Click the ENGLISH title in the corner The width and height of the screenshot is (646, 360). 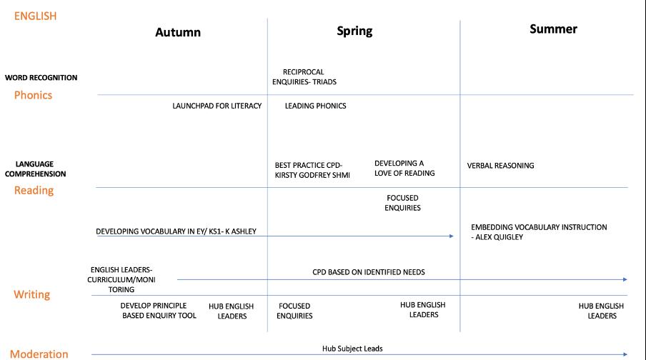point(35,16)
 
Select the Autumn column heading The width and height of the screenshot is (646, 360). point(178,32)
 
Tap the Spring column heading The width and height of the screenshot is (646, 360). point(354,31)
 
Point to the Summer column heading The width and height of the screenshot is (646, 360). point(553,29)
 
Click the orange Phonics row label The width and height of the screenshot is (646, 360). point(33,95)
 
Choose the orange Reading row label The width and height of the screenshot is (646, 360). point(33,190)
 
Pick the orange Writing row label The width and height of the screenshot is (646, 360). point(32,294)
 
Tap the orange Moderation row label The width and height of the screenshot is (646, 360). point(39,354)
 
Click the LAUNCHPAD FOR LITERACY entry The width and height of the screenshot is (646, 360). point(217,106)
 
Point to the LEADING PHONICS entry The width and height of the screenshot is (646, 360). point(315,106)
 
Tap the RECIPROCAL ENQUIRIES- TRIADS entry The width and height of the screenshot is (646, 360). point(304,76)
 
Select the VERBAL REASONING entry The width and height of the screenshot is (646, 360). point(500,166)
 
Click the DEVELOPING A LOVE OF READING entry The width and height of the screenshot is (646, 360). point(404,168)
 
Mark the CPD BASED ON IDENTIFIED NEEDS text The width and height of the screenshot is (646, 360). point(368,272)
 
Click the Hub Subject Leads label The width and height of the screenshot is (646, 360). point(352,349)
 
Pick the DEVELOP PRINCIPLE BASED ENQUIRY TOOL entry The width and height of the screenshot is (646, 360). point(158,310)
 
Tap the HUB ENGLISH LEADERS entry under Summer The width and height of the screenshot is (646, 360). point(601,311)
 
